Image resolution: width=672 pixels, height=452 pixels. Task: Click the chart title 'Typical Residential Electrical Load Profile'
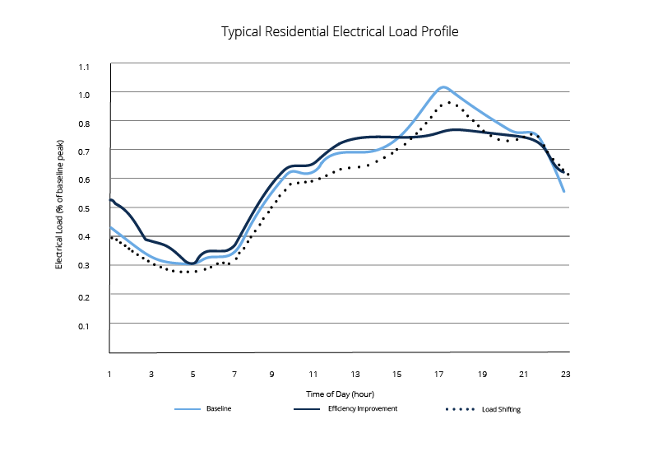pyautogui.click(x=340, y=33)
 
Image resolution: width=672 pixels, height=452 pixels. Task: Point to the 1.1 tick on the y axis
pyautogui.click(x=84, y=67)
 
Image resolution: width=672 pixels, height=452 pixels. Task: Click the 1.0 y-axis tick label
pyautogui.click(x=84, y=95)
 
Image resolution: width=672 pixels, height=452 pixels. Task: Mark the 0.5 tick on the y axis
pyautogui.click(x=84, y=207)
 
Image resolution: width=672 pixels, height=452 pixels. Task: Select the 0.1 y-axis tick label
pyautogui.click(x=84, y=326)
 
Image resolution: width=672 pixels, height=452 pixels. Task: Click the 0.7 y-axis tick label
pyautogui.click(x=84, y=151)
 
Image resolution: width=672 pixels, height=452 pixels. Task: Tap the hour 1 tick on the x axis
pyautogui.click(x=109, y=375)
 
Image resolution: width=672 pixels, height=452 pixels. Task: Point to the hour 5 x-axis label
pyautogui.click(x=192, y=375)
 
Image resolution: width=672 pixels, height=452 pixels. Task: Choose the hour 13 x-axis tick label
pyautogui.click(x=356, y=375)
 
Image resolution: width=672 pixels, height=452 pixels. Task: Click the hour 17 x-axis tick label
pyautogui.click(x=439, y=375)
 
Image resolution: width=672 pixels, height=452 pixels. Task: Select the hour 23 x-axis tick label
pyautogui.click(x=565, y=375)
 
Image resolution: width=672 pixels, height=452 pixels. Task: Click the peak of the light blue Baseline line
pyautogui.click(x=443, y=86)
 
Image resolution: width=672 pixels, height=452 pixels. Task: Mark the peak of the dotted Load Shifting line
pyautogui.click(x=449, y=102)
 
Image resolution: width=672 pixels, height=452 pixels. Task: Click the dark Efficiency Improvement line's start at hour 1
pyautogui.click(x=110, y=199)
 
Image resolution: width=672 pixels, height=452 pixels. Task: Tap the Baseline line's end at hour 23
pyautogui.click(x=564, y=191)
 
